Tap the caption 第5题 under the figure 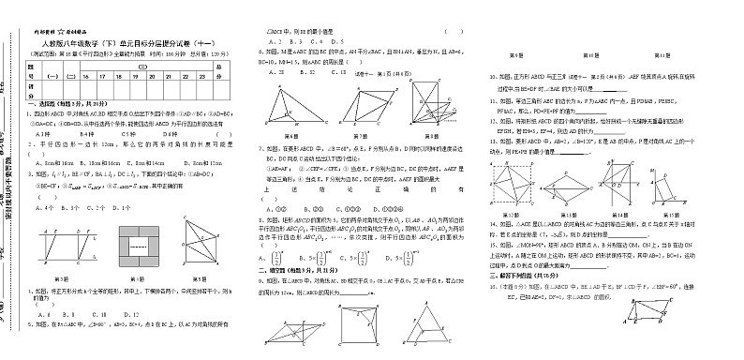click(202, 278)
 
